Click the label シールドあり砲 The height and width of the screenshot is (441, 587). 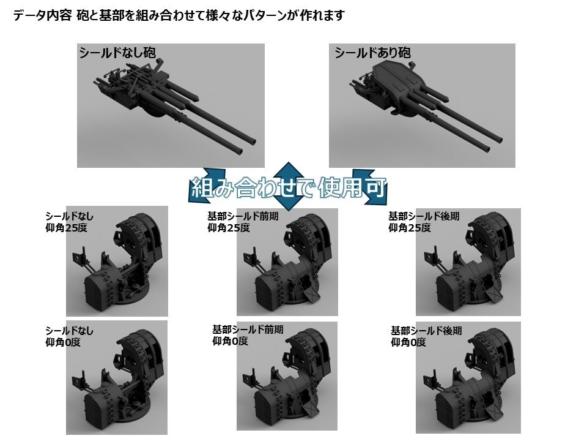372,53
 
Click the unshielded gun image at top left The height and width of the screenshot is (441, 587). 171,105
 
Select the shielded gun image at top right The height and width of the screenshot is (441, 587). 423,105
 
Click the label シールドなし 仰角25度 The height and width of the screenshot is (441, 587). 69,222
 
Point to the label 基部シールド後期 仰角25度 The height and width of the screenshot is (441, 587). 424,222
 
